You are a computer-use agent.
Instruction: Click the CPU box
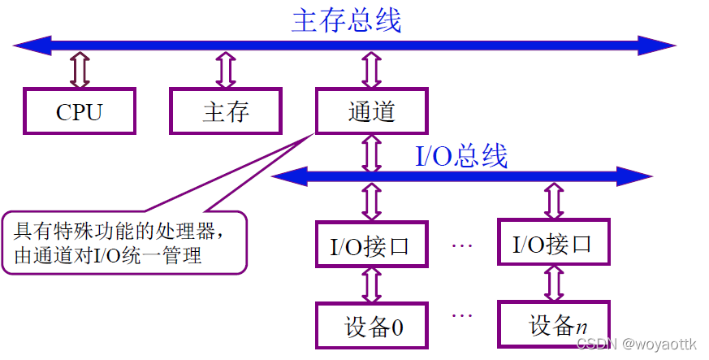click(x=79, y=111)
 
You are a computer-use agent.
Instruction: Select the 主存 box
click(x=225, y=111)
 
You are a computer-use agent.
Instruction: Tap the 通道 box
click(x=371, y=111)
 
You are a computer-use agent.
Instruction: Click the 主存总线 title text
click(x=346, y=20)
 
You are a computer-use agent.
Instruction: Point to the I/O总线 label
click(x=461, y=155)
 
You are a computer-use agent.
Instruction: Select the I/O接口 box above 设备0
click(x=371, y=243)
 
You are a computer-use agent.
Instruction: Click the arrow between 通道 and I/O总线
click(x=371, y=153)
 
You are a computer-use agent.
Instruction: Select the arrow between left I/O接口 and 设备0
click(x=371, y=284)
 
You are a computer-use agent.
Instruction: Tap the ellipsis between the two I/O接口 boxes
click(x=461, y=243)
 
